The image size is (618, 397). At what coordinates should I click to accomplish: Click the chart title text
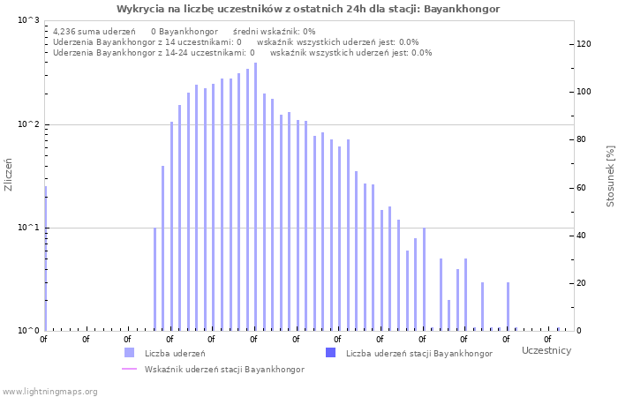point(308,9)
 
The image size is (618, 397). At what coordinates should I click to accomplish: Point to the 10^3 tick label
point(29,19)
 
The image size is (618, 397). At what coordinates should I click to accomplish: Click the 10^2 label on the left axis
point(29,124)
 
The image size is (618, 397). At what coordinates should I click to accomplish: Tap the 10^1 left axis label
point(29,228)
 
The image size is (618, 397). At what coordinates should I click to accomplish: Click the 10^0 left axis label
point(29,331)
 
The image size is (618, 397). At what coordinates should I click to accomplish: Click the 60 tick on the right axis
point(583,188)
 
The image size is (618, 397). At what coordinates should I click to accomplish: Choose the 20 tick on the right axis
point(583,283)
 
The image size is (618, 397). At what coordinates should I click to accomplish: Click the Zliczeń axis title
point(9,175)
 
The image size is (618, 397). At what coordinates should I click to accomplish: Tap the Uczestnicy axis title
point(546,351)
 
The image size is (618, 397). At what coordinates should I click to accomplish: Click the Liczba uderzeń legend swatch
point(130,353)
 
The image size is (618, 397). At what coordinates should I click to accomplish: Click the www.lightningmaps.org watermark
point(49,391)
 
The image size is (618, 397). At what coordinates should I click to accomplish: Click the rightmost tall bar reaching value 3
point(508,306)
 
